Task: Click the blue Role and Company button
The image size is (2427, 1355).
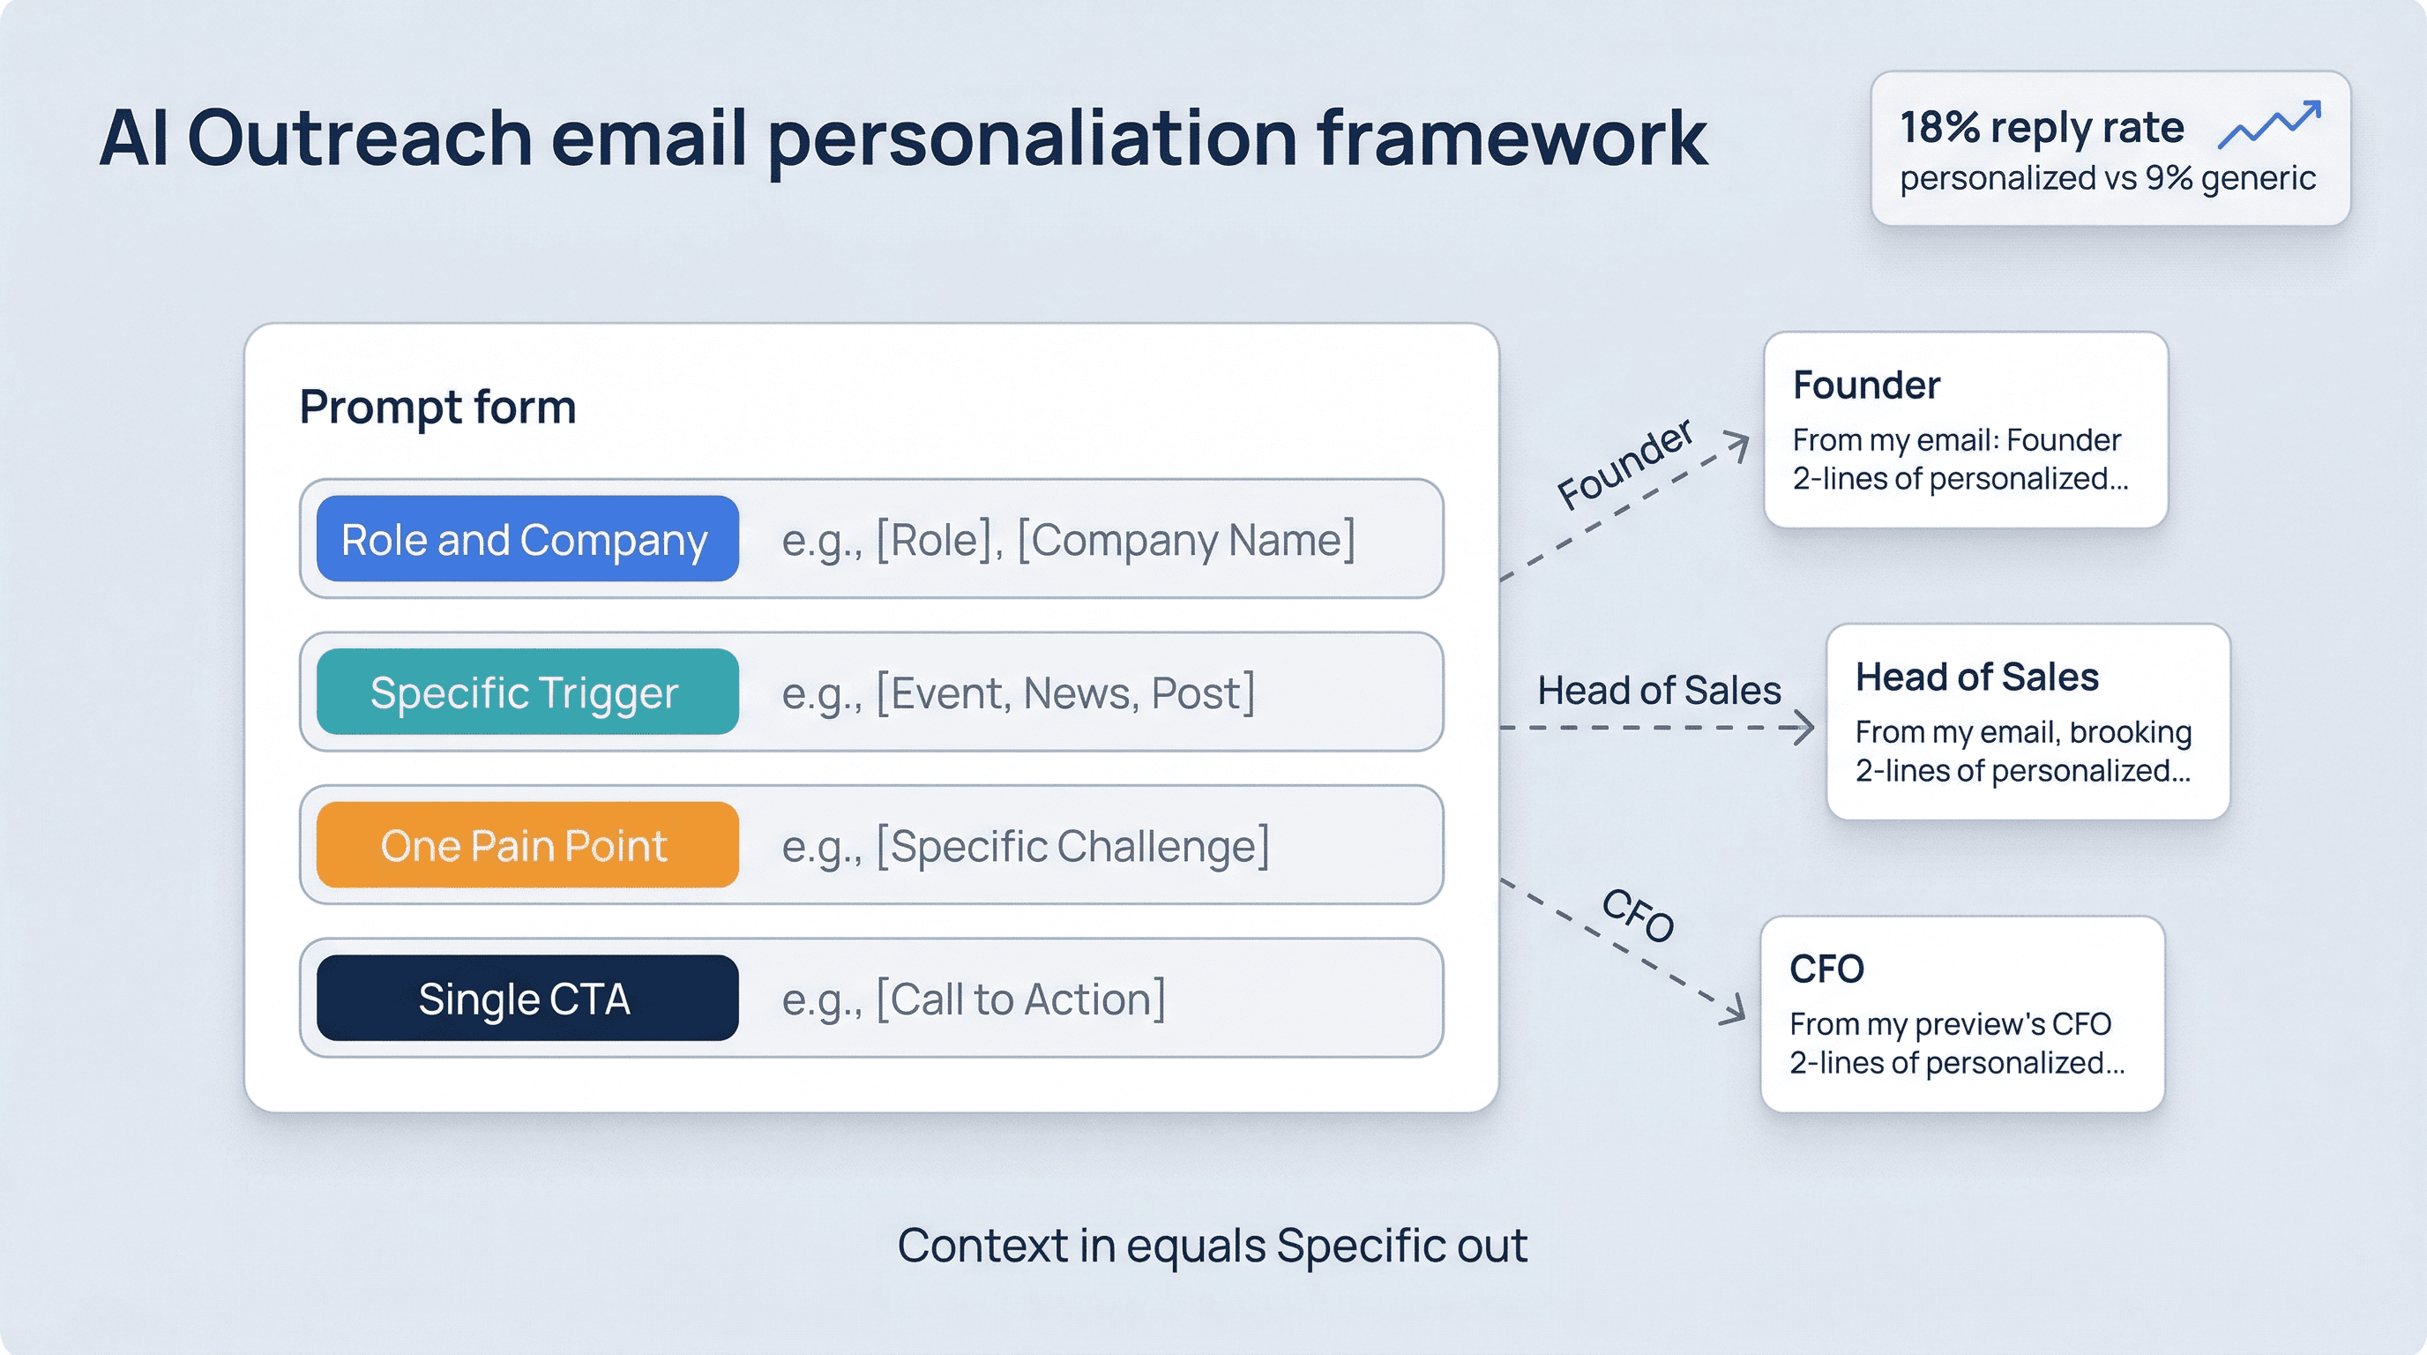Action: point(526,539)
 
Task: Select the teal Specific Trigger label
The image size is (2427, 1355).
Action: point(526,692)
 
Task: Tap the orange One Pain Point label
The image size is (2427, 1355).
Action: point(526,845)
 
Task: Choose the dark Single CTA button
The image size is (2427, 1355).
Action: point(526,998)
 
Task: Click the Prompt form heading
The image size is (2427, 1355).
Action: point(437,407)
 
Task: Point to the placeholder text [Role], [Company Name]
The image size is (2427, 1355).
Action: point(1068,540)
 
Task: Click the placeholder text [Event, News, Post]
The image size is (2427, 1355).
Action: point(1018,693)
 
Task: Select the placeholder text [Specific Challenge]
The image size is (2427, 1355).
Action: point(1025,846)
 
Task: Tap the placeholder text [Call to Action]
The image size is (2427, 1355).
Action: point(974,999)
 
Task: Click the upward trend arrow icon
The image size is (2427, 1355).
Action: point(2269,124)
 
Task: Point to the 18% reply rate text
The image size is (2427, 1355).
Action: point(2041,127)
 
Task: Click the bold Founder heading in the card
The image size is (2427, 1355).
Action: point(1865,386)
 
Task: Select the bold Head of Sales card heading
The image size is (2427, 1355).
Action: point(1975,677)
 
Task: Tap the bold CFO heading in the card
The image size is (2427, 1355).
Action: point(1826,969)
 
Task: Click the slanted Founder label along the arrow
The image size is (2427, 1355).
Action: point(1624,464)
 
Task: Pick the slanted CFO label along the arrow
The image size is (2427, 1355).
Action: point(1639,915)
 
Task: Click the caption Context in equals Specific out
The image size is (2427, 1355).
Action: point(1212,1246)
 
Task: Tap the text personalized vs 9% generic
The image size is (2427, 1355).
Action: point(2107,178)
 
